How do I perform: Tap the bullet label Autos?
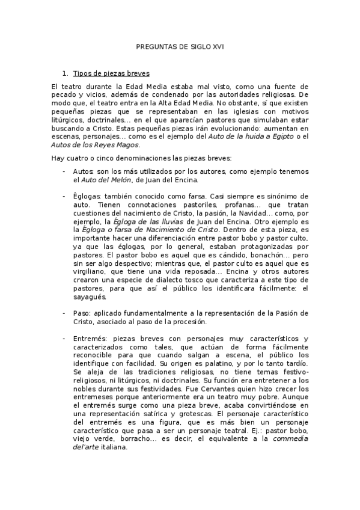point(83,171)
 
